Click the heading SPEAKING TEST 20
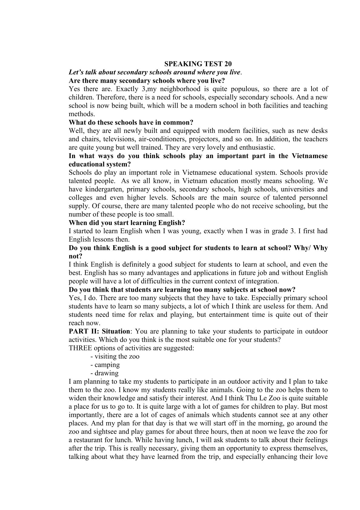(x=198, y=64)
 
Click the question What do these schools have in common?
(x=131, y=123)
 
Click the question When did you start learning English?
(x=127, y=223)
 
